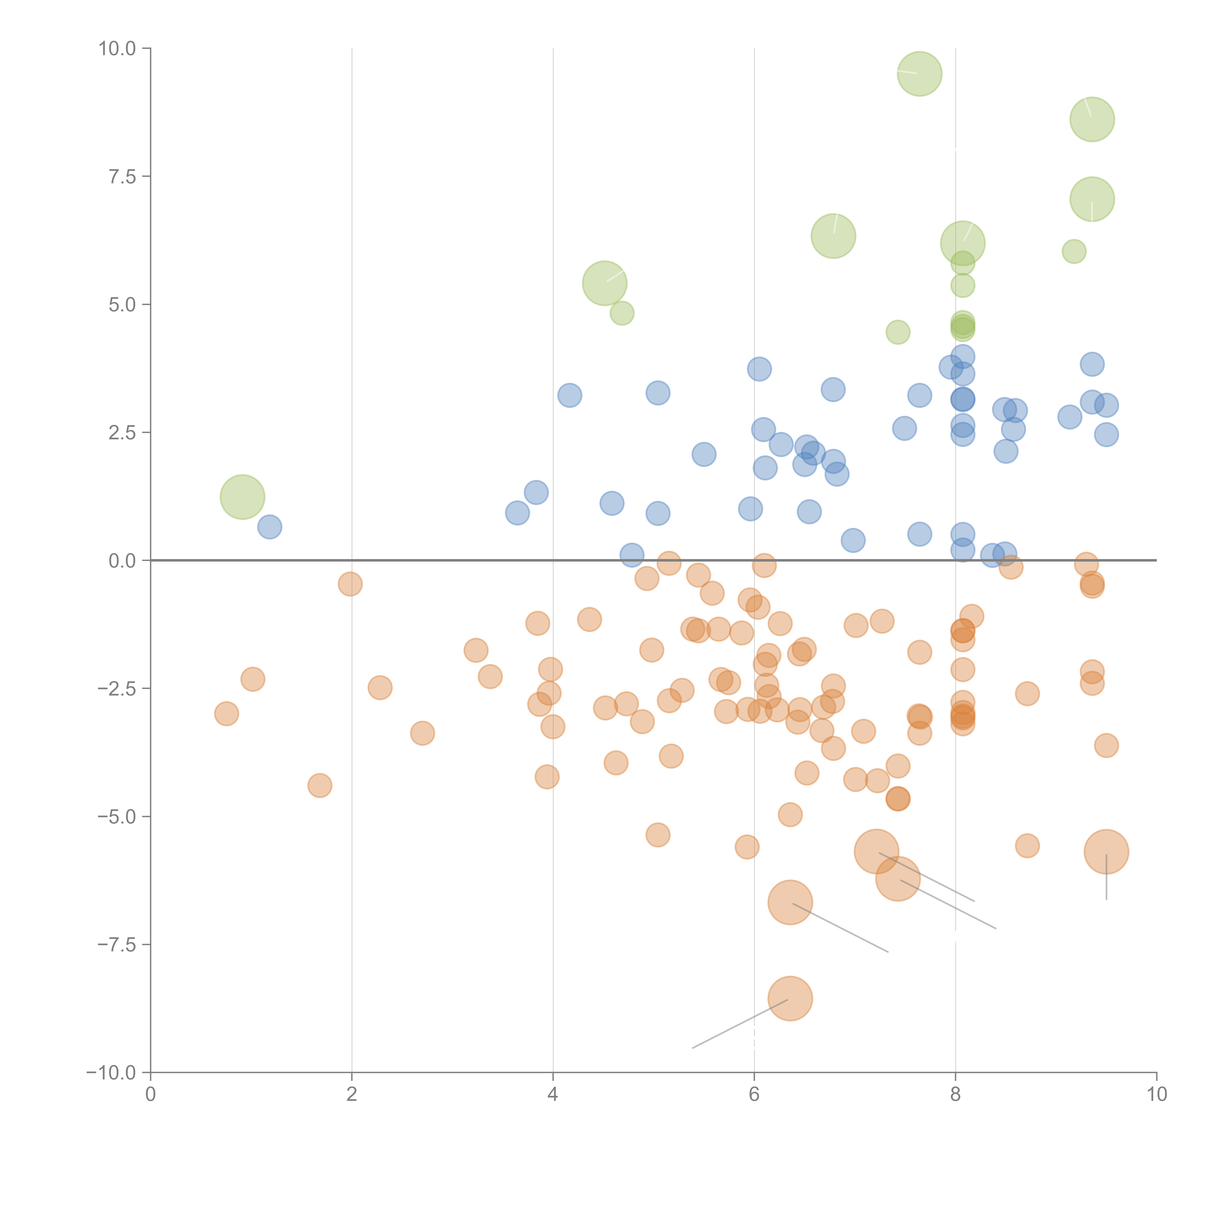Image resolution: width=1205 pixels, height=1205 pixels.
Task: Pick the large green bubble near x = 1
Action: point(243,497)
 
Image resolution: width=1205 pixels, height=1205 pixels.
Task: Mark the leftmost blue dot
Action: point(269,527)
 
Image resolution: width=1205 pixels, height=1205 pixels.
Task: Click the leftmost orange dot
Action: point(226,714)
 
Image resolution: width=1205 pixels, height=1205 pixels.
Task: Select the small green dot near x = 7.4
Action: point(897,332)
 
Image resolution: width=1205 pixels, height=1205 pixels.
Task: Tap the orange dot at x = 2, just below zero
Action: point(350,584)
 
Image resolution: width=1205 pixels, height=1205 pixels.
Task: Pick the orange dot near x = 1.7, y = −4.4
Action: point(320,785)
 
